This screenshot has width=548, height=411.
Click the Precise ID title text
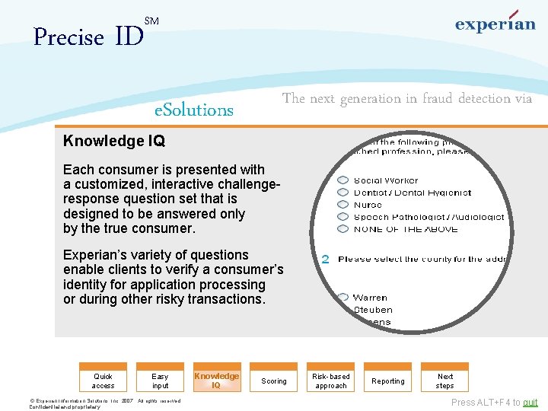88,37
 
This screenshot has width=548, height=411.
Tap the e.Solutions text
193,110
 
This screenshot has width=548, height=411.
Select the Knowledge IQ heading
114,141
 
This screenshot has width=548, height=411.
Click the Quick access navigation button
103,381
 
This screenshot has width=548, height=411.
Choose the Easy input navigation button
160,381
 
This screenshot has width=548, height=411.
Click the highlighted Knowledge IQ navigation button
217,380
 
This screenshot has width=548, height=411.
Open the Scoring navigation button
274,381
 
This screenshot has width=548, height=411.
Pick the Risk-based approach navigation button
331,381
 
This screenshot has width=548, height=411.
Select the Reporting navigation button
388,381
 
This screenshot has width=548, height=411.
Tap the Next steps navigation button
445,381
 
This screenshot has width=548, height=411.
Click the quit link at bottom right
530,403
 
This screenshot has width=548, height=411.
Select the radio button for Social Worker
343,181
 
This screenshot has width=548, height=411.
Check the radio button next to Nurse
343,205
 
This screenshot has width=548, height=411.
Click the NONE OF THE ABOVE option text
406,229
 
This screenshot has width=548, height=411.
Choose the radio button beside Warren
343,298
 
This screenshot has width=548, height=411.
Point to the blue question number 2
326,260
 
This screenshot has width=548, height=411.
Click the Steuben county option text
373,310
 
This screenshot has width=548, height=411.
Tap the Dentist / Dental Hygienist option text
413,193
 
